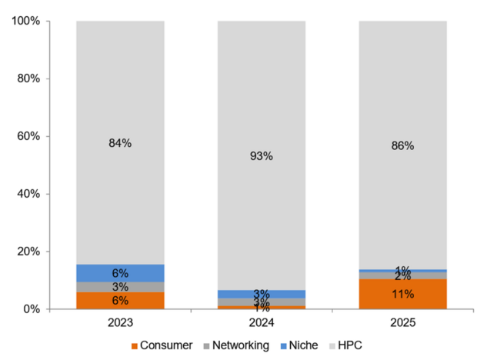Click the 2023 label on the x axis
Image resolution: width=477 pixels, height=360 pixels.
(x=120, y=323)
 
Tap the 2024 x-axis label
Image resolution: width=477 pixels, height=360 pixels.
(x=262, y=323)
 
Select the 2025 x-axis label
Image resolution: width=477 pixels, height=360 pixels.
(x=402, y=323)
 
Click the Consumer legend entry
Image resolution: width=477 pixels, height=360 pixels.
(x=166, y=345)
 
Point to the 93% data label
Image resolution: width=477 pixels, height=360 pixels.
(x=262, y=155)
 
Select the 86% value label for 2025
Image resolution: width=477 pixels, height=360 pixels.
(x=402, y=145)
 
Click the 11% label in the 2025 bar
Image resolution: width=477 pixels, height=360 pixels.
(x=402, y=294)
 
